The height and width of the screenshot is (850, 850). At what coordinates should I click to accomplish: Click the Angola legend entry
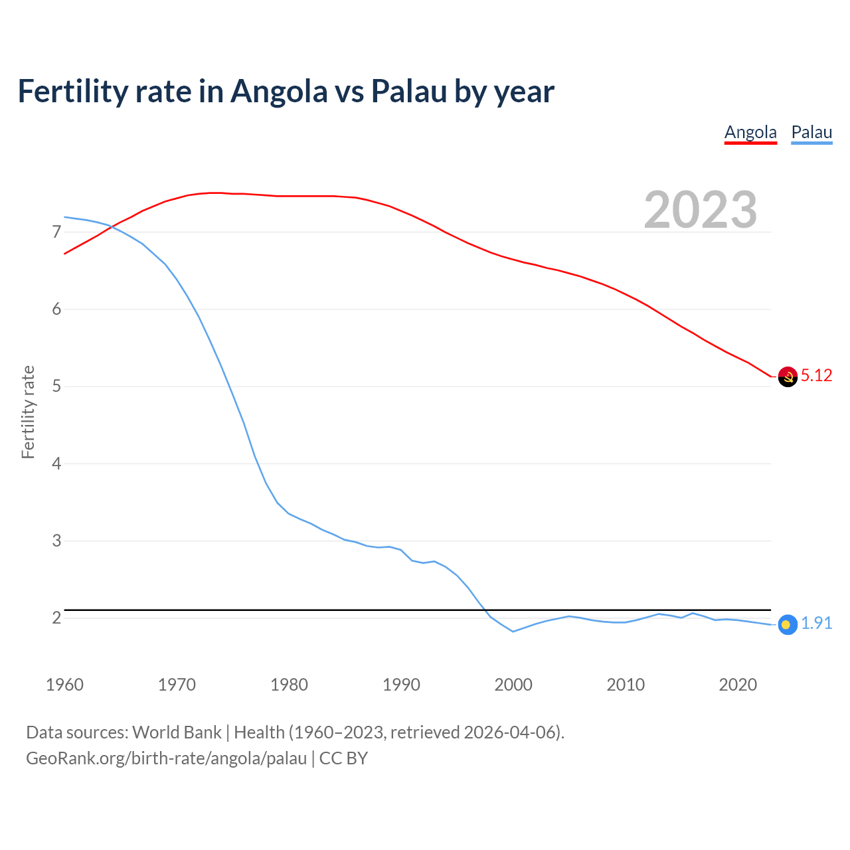click(750, 132)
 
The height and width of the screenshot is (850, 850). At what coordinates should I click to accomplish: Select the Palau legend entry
click(811, 132)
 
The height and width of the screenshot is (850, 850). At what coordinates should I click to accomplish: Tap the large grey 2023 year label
click(701, 210)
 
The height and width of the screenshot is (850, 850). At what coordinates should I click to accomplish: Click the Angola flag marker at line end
click(788, 377)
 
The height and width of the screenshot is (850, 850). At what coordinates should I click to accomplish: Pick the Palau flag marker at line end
click(787, 624)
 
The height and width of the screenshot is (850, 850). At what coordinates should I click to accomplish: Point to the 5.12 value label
click(816, 376)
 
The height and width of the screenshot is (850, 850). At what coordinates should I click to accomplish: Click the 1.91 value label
click(816, 624)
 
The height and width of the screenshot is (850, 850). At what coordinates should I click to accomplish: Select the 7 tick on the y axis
click(56, 232)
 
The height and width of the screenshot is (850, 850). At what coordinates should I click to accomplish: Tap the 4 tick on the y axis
click(56, 464)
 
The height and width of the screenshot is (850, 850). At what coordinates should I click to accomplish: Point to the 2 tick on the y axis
click(56, 618)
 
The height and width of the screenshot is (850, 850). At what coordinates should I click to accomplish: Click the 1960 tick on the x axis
click(64, 685)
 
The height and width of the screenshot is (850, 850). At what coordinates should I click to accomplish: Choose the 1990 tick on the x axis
click(401, 685)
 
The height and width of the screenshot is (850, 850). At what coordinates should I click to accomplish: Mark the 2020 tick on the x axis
click(738, 685)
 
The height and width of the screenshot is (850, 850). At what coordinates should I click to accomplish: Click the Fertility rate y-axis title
click(28, 412)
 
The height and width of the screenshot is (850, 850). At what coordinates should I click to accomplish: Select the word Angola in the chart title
click(279, 92)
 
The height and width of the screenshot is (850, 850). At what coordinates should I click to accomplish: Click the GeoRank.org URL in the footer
click(166, 758)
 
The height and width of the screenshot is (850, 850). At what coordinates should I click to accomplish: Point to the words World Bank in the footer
click(177, 732)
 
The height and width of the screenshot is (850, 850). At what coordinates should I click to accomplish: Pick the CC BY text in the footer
click(343, 758)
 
